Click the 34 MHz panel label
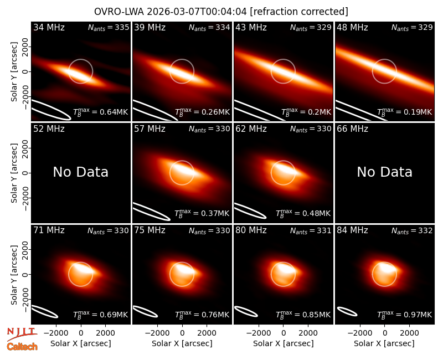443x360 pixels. (x=49, y=27)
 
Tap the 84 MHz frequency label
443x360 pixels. (x=352, y=230)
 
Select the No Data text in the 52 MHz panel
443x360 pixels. (x=80, y=172)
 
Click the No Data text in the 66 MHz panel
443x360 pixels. (x=384, y=172)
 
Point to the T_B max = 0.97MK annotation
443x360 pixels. (x=405, y=314)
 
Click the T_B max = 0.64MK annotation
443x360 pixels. (x=101, y=111)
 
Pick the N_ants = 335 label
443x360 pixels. (x=109, y=27)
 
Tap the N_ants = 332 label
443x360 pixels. (x=412, y=231)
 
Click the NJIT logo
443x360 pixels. (x=22, y=333)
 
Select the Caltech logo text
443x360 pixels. (x=22, y=347)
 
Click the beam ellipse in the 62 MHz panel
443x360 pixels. (x=250, y=210)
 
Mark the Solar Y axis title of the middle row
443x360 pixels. (x=14, y=173)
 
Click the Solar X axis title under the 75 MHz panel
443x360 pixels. (x=182, y=343)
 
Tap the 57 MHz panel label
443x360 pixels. (x=150, y=129)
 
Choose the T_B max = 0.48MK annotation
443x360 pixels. (x=303, y=213)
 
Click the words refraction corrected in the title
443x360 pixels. (x=300, y=12)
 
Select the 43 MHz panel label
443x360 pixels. (x=251, y=27)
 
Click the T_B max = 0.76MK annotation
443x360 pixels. (x=202, y=314)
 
